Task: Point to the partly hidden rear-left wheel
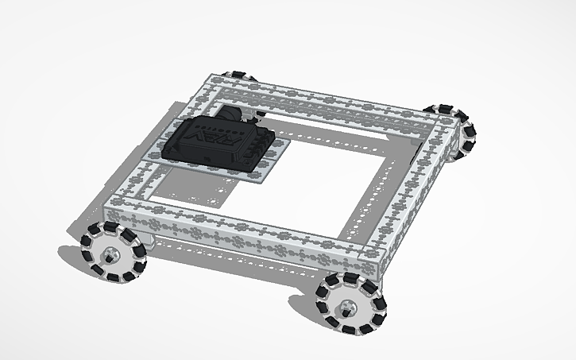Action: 241,76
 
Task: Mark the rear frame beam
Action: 334,103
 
